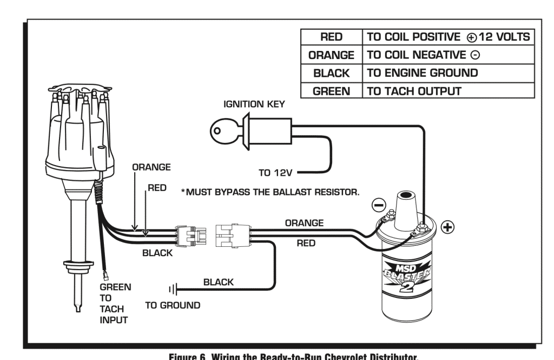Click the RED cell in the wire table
tap(331, 37)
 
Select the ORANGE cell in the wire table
tap(331, 55)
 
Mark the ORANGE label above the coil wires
tap(304, 222)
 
